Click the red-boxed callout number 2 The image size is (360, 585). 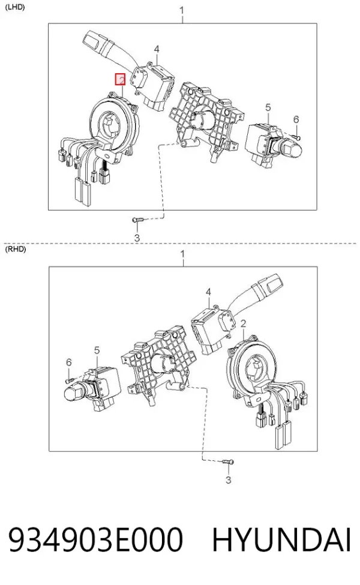tap(120, 79)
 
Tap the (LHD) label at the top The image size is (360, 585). tap(15, 7)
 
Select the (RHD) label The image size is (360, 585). tap(15, 250)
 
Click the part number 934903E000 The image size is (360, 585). tap(96, 539)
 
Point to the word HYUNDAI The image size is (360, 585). tap(281, 539)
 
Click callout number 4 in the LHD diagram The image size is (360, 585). tap(157, 49)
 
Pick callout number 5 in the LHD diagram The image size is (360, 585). tap(268, 107)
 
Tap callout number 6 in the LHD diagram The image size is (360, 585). tap(296, 119)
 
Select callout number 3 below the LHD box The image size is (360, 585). tap(137, 237)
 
